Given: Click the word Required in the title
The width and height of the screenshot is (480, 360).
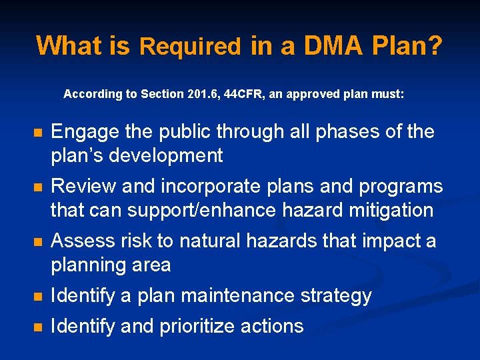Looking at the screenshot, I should coord(190,47).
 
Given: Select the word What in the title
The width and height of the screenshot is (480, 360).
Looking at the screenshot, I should coord(65,45).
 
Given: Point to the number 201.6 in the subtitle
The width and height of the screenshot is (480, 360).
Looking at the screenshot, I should coord(201,95).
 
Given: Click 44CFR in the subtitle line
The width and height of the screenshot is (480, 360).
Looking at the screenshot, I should coord(243,95).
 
